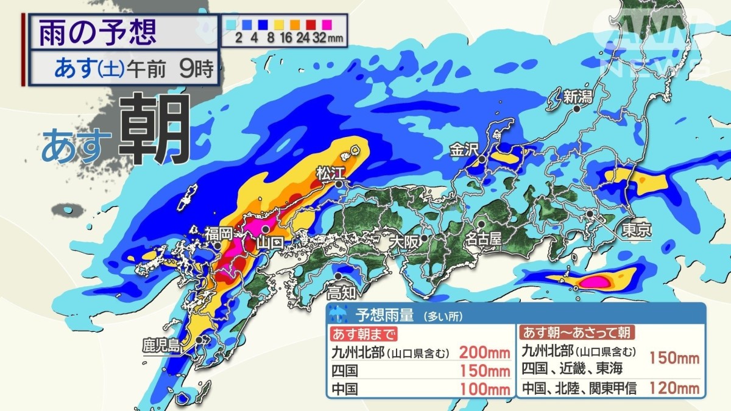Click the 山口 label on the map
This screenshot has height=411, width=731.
click(269, 242)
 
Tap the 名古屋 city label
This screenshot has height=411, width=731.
click(482, 238)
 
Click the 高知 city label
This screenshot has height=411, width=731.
click(341, 292)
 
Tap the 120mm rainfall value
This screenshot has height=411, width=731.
click(674, 387)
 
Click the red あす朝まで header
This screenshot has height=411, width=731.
click(364, 334)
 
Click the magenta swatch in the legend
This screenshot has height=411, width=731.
click(327, 25)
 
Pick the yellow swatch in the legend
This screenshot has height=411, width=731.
click(278, 25)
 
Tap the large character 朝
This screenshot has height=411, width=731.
click(154, 129)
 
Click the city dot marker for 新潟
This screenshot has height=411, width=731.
click(576, 109)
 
